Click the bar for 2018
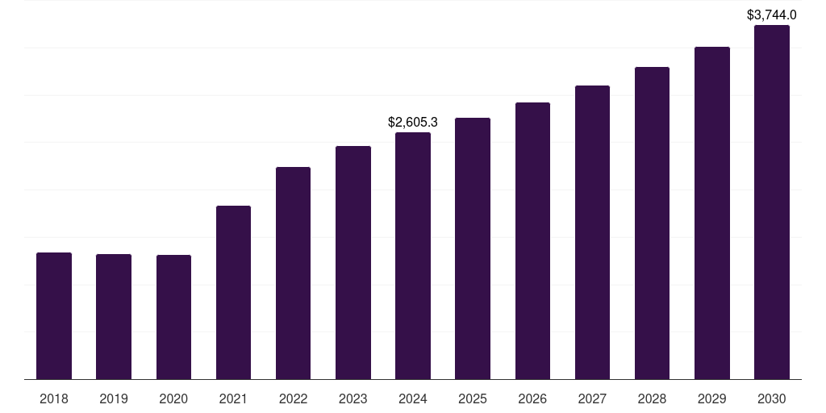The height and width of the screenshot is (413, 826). pos(54,315)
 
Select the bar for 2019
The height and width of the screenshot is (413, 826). pos(114,316)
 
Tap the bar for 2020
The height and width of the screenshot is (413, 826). pos(173,317)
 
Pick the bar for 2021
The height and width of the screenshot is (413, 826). pos(233,292)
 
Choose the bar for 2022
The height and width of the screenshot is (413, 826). pos(293,273)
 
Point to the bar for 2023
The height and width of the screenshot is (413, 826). pos(353,262)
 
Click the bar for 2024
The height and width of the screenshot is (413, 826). pos(413,256)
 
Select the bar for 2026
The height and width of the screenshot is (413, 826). pos(532,240)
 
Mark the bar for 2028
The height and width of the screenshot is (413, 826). pos(652,223)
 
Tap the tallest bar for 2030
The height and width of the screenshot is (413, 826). pos(772,202)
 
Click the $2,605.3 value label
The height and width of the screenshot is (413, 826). pos(413,123)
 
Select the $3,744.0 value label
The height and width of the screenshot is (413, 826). pos(772,15)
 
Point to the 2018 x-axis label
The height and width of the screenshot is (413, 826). pos(54,398)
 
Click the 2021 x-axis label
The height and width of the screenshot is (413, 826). pos(233,398)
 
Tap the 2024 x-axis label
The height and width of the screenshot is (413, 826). pos(413,398)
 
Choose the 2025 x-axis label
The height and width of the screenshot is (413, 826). pos(473,398)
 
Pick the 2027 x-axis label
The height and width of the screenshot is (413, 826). pos(592,398)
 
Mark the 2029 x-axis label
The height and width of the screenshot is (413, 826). pos(712,398)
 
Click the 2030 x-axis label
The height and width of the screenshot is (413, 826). pos(772,398)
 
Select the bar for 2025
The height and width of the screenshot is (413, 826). pos(473,248)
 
